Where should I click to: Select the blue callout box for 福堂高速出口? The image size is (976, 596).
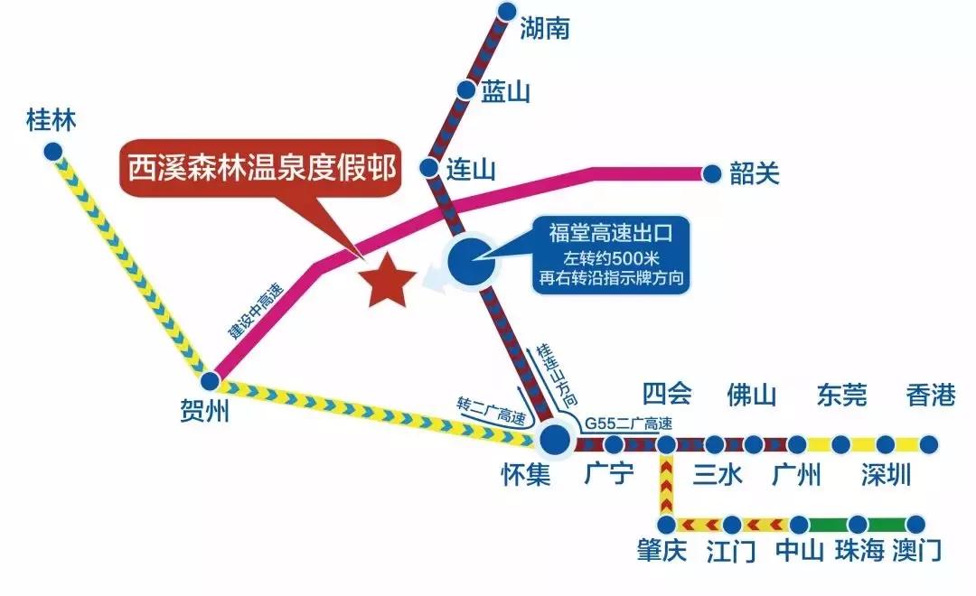[611, 256]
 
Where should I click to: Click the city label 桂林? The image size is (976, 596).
[52, 119]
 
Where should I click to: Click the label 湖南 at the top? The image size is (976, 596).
[545, 30]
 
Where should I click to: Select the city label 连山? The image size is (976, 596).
[472, 170]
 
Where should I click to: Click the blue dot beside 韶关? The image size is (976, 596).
[711, 172]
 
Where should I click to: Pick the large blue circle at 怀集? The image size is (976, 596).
[554, 440]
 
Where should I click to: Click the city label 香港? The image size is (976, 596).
[930, 396]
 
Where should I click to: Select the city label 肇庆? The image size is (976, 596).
[662, 551]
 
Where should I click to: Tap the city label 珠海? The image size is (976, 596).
[859, 551]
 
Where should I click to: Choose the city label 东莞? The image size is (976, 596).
[840, 396]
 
